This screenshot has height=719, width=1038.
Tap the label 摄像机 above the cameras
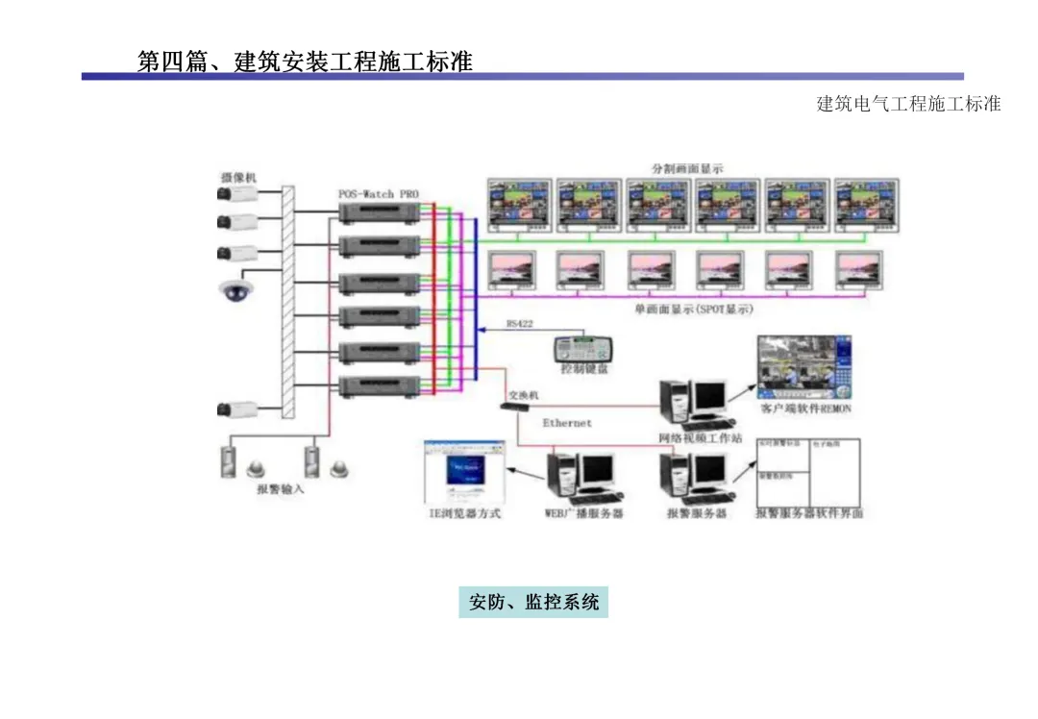pos(238,177)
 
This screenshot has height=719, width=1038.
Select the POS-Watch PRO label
pos(379,193)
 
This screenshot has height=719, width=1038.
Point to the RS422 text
pos(519,324)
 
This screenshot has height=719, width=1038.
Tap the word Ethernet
pos(567,423)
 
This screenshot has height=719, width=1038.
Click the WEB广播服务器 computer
pos(581,479)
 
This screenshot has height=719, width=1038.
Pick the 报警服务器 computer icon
pos(694,479)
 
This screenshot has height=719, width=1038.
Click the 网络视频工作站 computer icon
pos(692,403)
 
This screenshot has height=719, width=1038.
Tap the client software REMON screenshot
pos(803,368)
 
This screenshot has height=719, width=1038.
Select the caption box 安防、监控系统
pos(533,603)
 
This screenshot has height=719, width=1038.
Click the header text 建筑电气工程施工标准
pos(908,104)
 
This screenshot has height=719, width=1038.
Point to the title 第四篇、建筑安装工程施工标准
pos(305,62)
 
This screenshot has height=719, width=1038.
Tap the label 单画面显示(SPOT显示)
pos(694,310)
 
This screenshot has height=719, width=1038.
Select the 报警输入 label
pos(281,489)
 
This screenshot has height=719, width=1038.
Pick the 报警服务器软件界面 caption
pos(808,513)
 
